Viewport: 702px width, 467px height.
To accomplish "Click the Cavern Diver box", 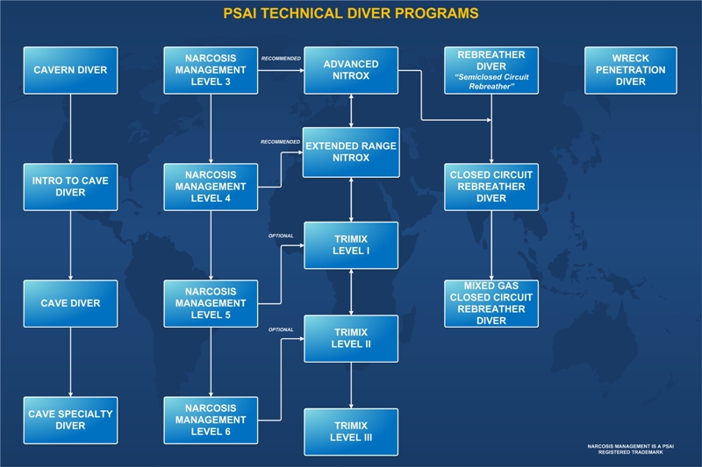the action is pyautogui.click(x=71, y=70).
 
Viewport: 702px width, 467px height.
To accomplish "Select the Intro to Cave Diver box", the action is pyautogui.click(x=71, y=187).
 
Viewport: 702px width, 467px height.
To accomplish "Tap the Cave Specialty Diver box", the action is pyautogui.click(x=71, y=420).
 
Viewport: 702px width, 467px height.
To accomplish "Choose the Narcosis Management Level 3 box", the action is pyautogui.click(x=211, y=70).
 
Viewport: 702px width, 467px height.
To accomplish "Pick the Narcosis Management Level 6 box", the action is pyautogui.click(x=211, y=420).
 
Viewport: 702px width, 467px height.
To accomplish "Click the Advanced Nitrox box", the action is pyautogui.click(x=351, y=70).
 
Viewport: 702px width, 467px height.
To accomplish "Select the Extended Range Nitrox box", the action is pyautogui.click(x=351, y=152).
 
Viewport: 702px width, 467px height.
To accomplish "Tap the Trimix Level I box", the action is pyautogui.click(x=351, y=245).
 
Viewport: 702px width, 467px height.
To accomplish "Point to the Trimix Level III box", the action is pyautogui.click(x=351, y=432).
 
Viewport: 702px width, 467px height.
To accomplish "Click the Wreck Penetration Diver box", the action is pyautogui.click(x=631, y=70).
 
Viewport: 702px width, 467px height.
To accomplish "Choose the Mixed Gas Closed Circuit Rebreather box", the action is pyautogui.click(x=491, y=303).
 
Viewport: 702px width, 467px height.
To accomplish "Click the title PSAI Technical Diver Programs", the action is pyautogui.click(x=351, y=13).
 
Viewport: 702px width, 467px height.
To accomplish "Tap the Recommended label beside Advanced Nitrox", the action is pyautogui.click(x=281, y=59).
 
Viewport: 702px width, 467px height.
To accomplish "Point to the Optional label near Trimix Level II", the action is pyautogui.click(x=281, y=329).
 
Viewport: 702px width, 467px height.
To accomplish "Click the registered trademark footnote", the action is pyautogui.click(x=630, y=449).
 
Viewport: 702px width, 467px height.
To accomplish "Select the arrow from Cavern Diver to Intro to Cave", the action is pyautogui.click(x=70, y=129).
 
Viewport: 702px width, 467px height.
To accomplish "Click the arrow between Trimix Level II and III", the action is pyautogui.click(x=351, y=386).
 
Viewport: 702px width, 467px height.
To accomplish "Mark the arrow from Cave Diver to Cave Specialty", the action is pyautogui.click(x=70, y=362).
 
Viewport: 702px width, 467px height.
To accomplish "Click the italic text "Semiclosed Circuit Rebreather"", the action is pyautogui.click(x=491, y=81).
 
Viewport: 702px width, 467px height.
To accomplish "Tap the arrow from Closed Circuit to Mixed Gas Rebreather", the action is pyautogui.click(x=491, y=245).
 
